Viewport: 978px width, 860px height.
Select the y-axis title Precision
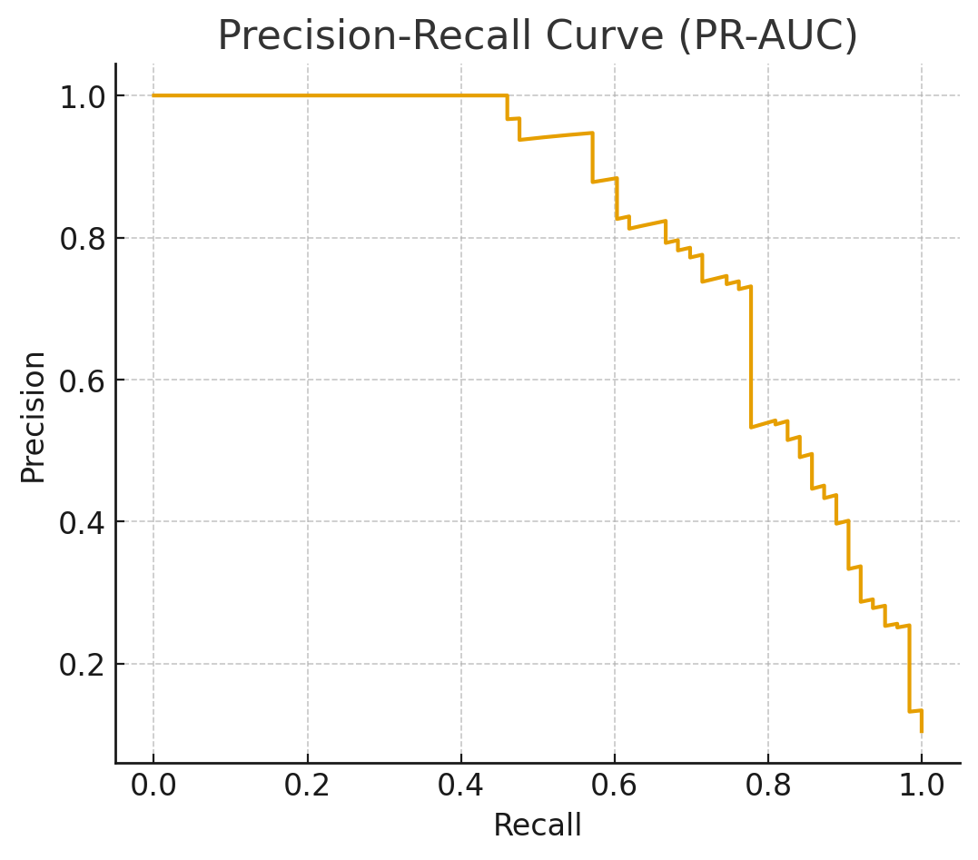pos(34,417)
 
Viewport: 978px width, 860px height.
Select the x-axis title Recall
pos(537,825)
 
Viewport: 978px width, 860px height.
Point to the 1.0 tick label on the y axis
pos(81,96)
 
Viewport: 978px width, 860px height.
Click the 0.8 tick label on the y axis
pos(81,238)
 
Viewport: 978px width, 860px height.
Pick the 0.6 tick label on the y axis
pos(81,380)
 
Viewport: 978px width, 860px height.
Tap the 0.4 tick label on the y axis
pos(81,522)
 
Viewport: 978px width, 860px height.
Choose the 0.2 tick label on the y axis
pos(81,664)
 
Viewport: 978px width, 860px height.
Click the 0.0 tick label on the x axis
pos(153,786)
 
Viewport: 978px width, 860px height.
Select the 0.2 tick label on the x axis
pos(307,786)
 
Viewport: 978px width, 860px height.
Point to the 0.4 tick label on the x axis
pos(460,786)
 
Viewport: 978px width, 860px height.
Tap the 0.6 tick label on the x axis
pos(614,786)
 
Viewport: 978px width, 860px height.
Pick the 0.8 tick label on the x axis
pos(767,786)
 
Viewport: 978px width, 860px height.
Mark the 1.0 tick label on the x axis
pos(921,786)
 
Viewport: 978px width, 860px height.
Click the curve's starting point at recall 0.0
pos(153,95)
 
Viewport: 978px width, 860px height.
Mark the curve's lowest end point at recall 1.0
pos(922,731)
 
